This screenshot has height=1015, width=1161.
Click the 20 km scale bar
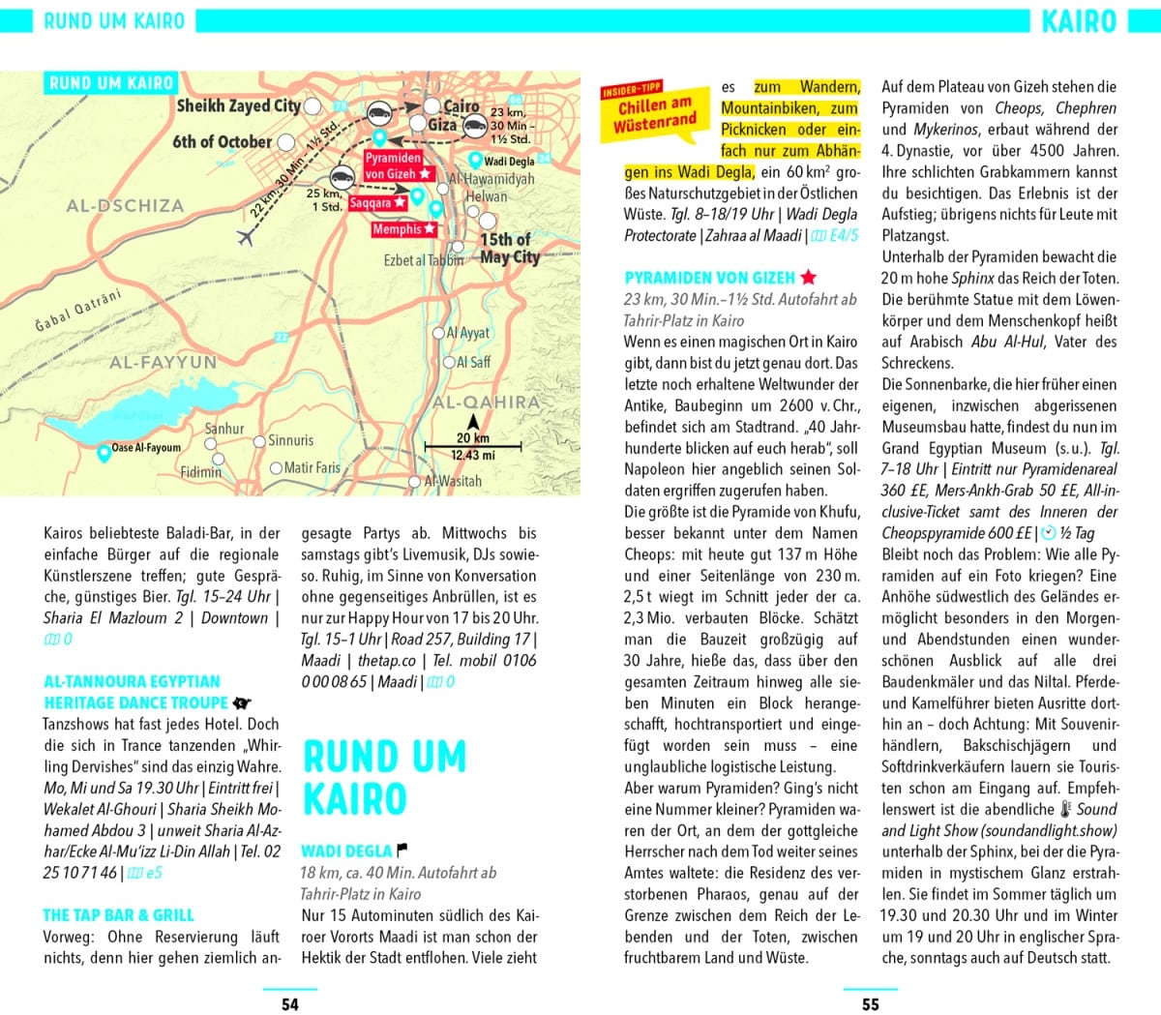tap(474, 446)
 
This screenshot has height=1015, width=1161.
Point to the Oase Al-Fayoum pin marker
tap(104, 451)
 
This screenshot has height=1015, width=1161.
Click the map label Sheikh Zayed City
tap(238, 105)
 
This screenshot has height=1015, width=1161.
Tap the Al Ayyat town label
tap(468, 333)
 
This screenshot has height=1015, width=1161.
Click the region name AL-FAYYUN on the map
tap(163, 363)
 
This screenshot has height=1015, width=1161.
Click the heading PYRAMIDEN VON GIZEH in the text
tap(710, 278)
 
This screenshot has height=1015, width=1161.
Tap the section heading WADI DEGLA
tap(345, 851)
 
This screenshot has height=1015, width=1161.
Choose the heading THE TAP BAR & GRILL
tap(118, 914)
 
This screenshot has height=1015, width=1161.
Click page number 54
tap(289, 1003)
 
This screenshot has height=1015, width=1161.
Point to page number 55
tap(870, 1003)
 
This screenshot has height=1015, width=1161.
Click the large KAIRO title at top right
tap(1079, 21)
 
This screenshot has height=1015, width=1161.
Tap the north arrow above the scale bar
tap(473, 422)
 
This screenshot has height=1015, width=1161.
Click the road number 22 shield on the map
tap(281, 337)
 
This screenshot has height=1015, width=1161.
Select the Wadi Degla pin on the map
tap(475, 160)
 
